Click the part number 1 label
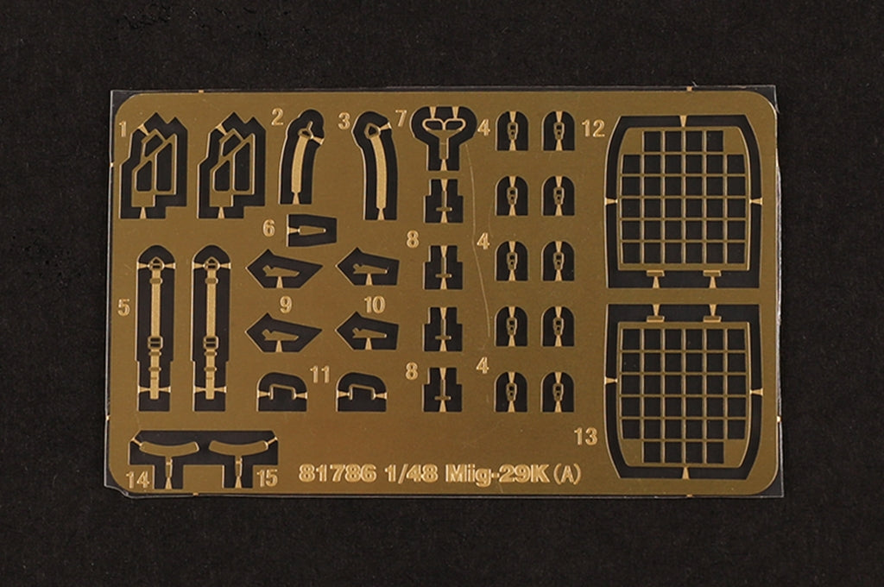pyautogui.click(x=123, y=130)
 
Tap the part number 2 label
pyautogui.click(x=277, y=117)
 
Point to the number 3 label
pyautogui.click(x=344, y=121)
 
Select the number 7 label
pyautogui.click(x=401, y=119)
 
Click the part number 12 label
pyautogui.click(x=593, y=129)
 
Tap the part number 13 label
pyautogui.click(x=586, y=436)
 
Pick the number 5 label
pyautogui.click(x=124, y=307)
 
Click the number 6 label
pyautogui.click(x=269, y=229)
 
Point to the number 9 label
pyautogui.click(x=286, y=305)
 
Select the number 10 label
pyautogui.click(x=375, y=305)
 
